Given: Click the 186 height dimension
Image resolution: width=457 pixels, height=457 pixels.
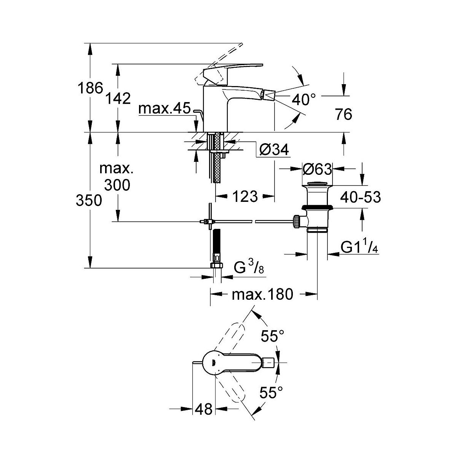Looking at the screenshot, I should (90, 88).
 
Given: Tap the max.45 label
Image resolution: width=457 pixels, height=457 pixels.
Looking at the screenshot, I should (164, 109).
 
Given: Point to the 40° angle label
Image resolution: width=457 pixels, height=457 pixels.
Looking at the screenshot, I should (304, 100).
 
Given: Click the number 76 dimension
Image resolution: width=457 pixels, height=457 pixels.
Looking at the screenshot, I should (344, 114).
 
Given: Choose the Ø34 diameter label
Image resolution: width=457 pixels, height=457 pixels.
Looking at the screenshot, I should (274, 150).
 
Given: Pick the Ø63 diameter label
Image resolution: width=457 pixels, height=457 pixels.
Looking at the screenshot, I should (317, 169).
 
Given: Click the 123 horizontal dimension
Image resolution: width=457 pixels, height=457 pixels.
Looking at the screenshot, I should (244, 197).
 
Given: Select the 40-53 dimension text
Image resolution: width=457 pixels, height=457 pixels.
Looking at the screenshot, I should (360, 197).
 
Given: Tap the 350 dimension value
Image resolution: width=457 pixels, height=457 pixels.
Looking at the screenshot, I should (89, 200).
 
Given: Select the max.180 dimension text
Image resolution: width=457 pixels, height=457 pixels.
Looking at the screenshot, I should (263, 294).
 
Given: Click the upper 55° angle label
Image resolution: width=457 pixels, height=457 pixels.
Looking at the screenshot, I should (273, 336).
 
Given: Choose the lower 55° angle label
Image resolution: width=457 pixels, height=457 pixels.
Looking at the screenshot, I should (272, 392).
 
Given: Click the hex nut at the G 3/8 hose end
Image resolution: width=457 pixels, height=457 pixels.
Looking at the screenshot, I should (216, 265).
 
